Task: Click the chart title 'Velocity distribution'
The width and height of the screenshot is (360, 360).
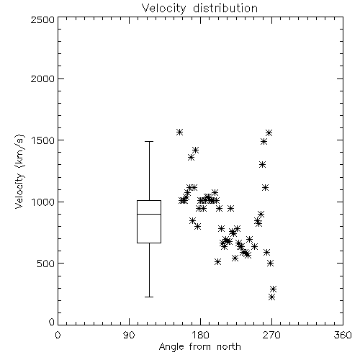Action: coord(199,8)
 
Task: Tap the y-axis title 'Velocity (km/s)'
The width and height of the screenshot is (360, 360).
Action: coord(19,171)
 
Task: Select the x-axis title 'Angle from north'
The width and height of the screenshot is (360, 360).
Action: coord(199,347)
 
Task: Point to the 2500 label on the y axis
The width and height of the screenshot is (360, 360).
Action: coord(42,19)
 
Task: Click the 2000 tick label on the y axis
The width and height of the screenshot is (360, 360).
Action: coord(42,78)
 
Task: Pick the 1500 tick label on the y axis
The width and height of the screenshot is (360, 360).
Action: coord(43,140)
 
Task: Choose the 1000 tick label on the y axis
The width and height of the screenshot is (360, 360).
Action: coord(43,202)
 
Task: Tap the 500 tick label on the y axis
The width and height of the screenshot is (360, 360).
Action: coord(46,264)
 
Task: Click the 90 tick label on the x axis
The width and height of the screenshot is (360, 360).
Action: coord(129,335)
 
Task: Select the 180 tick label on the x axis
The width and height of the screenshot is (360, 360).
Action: coord(200,335)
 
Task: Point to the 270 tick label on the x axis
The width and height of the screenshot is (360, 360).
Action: coord(271,335)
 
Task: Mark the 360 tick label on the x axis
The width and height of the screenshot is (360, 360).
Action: coord(343,335)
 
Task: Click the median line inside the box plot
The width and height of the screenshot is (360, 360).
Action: coord(149,214)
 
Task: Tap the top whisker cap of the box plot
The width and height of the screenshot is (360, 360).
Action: coord(149,142)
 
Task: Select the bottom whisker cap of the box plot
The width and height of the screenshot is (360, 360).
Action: coord(149,297)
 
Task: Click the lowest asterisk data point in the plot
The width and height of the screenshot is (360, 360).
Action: coord(271,297)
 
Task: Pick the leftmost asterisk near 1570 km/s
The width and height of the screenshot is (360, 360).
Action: coord(179,132)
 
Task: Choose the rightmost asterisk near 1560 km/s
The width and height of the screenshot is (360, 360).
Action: coord(269,132)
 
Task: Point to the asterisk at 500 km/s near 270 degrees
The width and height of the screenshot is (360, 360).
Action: coord(270,263)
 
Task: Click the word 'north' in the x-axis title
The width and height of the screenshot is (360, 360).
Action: coord(229,347)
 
